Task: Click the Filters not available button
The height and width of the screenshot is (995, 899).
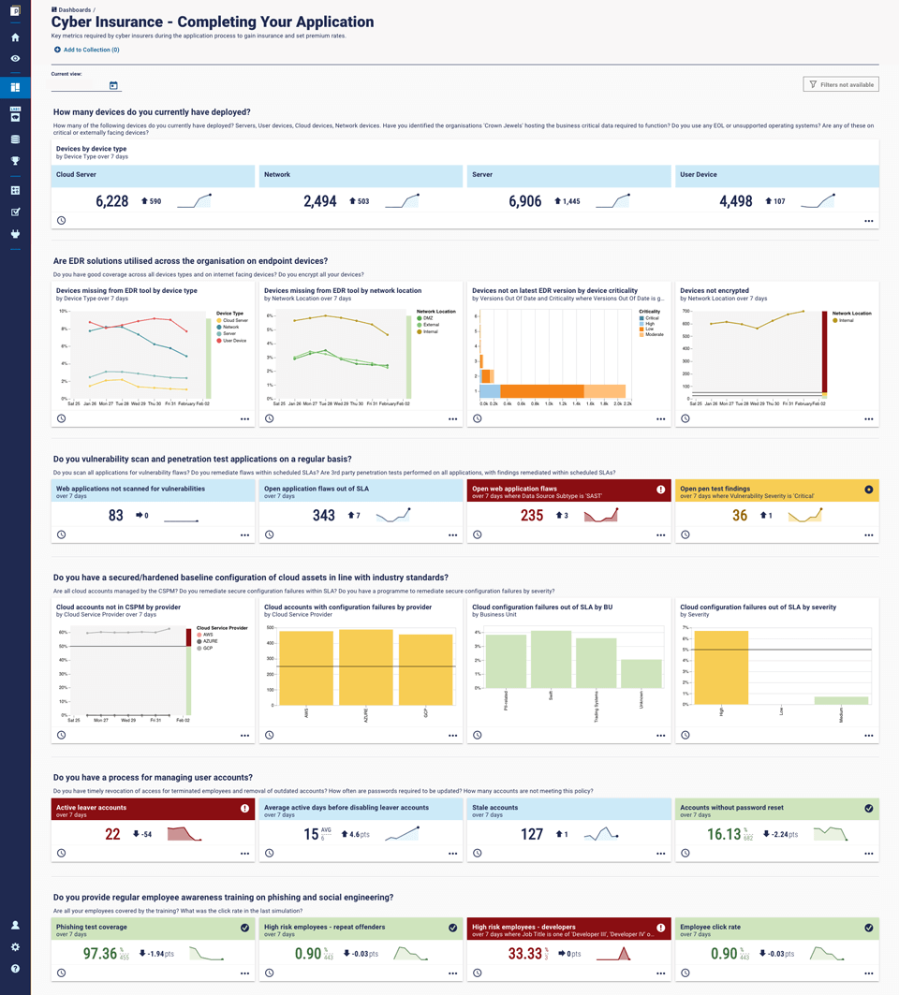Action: pyautogui.click(x=841, y=84)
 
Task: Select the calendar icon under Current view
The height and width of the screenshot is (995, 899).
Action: pyautogui.click(x=113, y=86)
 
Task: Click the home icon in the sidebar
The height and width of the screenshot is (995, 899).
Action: pyautogui.click(x=15, y=37)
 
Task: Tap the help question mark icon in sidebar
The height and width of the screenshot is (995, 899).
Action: pyautogui.click(x=15, y=969)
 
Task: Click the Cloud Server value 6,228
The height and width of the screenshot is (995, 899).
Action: pyautogui.click(x=112, y=201)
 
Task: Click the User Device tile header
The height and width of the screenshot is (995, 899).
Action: pyautogui.click(x=776, y=175)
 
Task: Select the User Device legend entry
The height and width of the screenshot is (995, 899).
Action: pyautogui.click(x=232, y=341)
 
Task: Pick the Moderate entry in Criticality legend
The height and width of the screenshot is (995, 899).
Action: pyautogui.click(x=653, y=334)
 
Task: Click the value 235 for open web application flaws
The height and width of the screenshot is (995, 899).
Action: pyautogui.click(x=532, y=516)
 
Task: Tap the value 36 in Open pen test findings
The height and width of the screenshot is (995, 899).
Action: pyautogui.click(x=740, y=516)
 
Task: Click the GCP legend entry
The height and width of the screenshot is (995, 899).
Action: pyautogui.click(x=208, y=648)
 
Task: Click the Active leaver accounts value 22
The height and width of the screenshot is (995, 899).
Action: pyautogui.click(x=112, y=834)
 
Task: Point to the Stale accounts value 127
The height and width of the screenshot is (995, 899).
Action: pyautogui.click(x=532, y=834)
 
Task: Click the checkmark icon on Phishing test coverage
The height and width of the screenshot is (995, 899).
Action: pyautogui.click(x=244, y=928)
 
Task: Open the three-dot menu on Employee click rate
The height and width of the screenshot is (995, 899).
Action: pyautogui.click(x=868, y=973)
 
